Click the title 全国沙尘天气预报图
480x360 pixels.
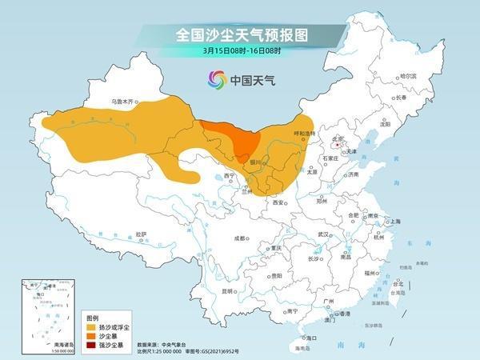click(x=241, y=35)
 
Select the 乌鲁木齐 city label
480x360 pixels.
click(x=124, y=102)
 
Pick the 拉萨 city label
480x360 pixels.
click(x=142, y=234)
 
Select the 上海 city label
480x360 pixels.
click(x=394, y=222)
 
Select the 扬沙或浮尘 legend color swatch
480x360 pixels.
click(x=92, y=328)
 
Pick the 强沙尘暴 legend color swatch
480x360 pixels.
click(x=92, y=346)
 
